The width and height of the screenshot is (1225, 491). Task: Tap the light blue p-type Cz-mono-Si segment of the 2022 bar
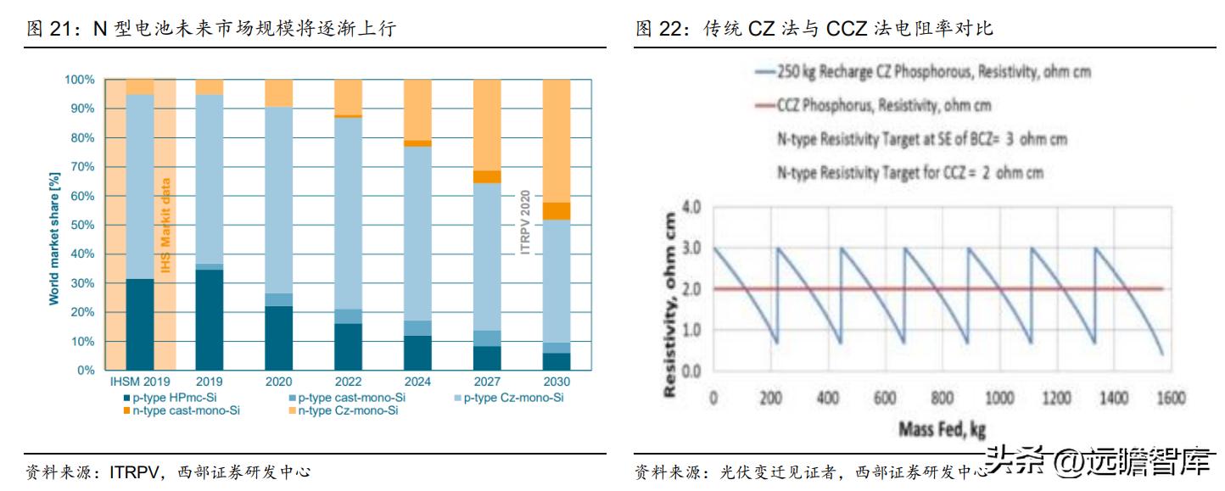pyautogui.click(x=348, y=212)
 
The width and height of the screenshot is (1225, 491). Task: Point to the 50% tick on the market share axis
pyautogui.click(x=81, y=225)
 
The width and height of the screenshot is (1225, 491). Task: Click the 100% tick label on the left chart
pyautogui.click(x=79, y=80)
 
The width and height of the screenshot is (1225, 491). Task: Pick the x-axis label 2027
pyautogui.click(x=486, y=382)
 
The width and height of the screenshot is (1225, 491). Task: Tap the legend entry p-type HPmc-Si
pyautogui.click(x=171, y=397)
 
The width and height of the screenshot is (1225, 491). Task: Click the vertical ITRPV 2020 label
pyautogui.click(x=525, y=222)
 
